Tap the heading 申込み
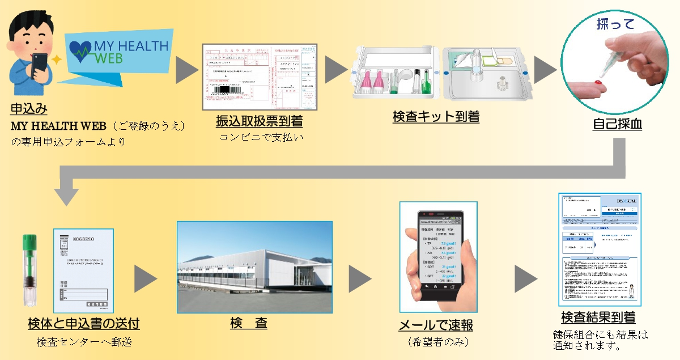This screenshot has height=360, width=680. pos(28,108)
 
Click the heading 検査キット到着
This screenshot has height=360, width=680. pos(436,117)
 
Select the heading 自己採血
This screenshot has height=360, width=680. pos(617,124)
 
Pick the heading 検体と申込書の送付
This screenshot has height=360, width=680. pos(83,324)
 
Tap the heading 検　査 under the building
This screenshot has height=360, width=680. pos(249,324)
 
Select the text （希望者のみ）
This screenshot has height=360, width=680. pos(436,342)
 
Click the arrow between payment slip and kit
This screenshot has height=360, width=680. pos(335,70)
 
